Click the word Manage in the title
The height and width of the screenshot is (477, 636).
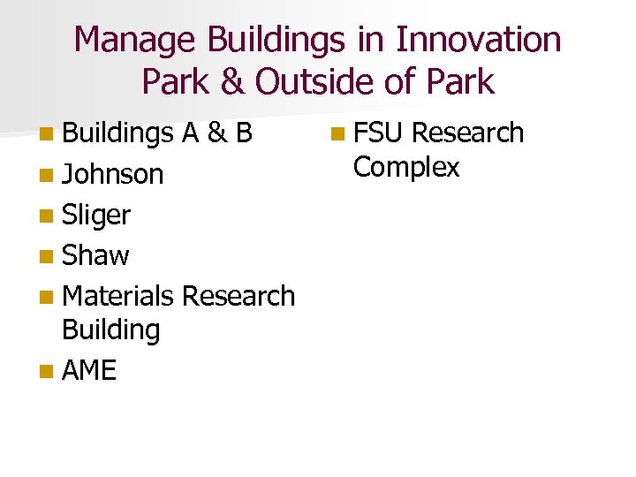(x=136, y=40)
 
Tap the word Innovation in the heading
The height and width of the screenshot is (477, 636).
(x=478, y=40)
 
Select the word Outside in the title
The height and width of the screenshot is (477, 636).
(x=308, y=81)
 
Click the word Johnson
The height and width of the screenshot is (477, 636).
(x=112, y=174)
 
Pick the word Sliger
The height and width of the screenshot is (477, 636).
(x=96, y=215)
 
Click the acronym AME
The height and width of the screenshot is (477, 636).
(x=89, y=370)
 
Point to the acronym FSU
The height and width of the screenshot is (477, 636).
(x=379, y=133)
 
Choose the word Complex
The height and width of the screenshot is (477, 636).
(x=406, y=167)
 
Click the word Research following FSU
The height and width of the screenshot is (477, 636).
(x=468, y=133)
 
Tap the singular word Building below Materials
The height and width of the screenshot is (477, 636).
(x=110, y=330)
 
